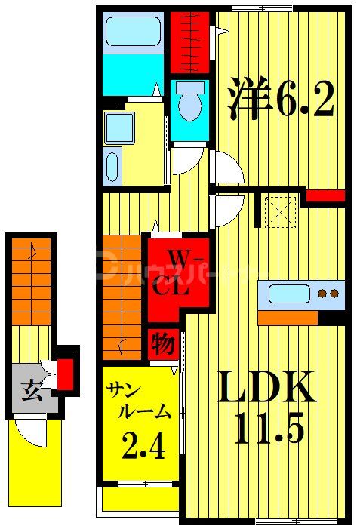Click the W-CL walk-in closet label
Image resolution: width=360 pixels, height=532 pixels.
173,273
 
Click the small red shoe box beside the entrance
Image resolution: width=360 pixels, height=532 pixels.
66,372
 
